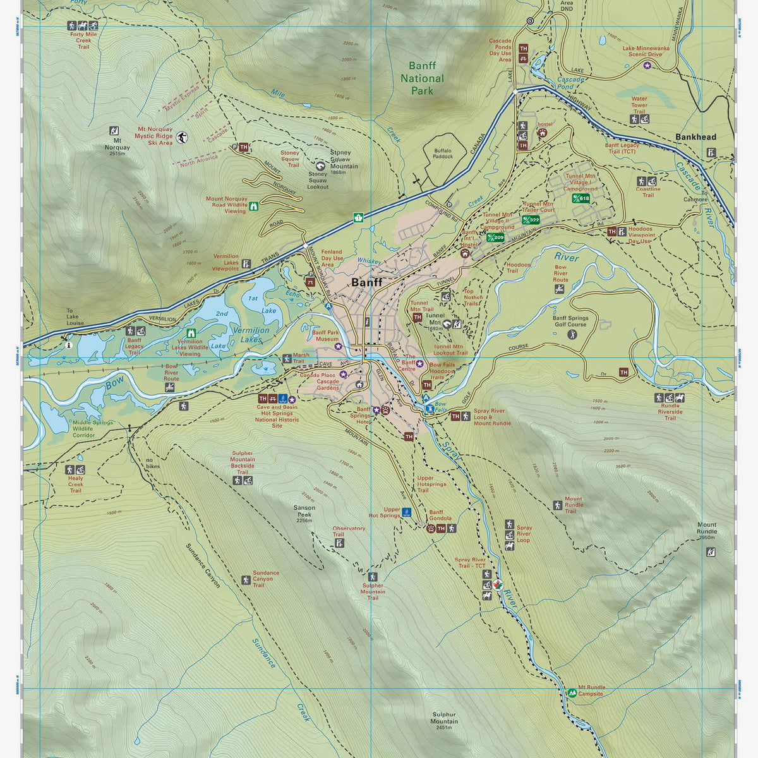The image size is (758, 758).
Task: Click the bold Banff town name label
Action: pos(366,282)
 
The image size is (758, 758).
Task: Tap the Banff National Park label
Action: pos(422,78)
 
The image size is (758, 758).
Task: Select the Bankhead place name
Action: pos(695,137)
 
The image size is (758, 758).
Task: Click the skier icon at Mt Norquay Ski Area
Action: pos(182,138)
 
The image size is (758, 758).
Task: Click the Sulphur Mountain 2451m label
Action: pos(444,720)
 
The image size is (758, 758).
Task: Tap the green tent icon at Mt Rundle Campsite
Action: pos(572,693)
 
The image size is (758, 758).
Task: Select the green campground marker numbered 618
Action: pos(581,198)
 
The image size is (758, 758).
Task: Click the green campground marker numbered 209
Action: pos(495,238)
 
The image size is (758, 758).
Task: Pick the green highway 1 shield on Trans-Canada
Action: pos(358,217)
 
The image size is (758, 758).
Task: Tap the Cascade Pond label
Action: pos(570,83)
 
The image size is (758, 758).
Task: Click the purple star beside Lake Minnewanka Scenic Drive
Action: pos(647,64)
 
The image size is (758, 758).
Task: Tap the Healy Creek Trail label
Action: pos(75,484)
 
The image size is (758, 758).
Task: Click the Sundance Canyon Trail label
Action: pos(265,579)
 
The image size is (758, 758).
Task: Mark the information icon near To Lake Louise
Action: pos(67,345)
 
